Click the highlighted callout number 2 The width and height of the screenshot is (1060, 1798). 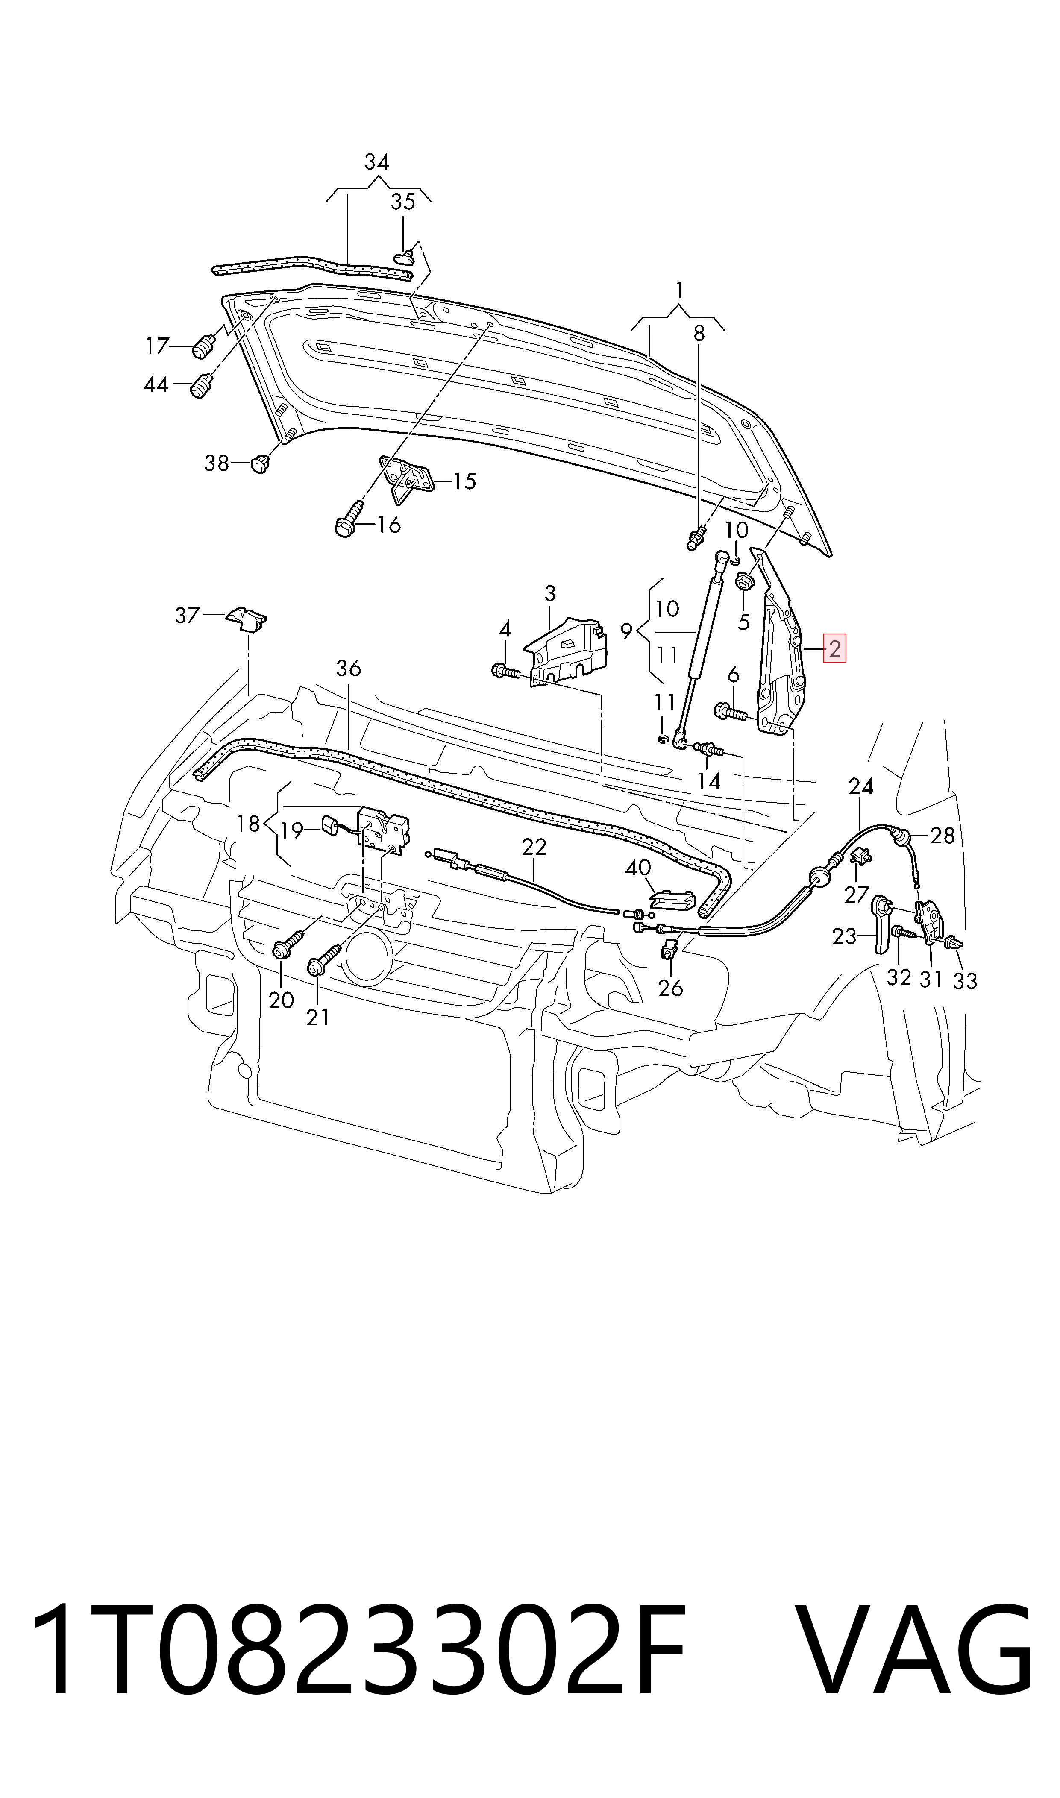pyautogui.click(x=834, y=649)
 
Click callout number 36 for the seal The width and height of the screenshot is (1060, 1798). pyautogui.click(x=349, y=669)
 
